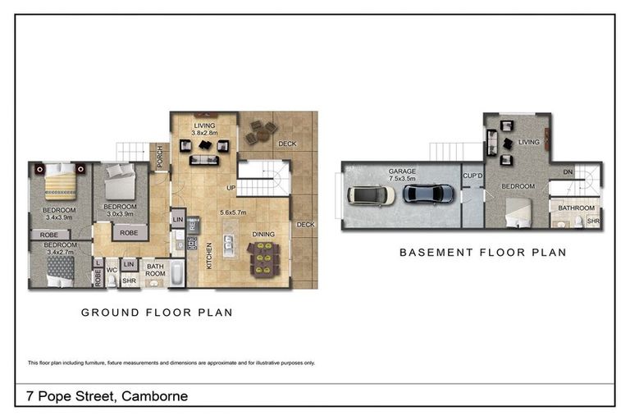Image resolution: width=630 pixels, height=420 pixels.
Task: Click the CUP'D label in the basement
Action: [472, 176]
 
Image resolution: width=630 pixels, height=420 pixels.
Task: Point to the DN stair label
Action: [568, 172]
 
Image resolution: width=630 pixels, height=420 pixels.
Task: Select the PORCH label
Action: [162, 154]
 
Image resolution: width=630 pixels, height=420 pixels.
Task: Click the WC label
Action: [112, 268]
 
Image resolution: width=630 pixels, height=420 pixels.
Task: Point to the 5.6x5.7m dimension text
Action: [236, 212]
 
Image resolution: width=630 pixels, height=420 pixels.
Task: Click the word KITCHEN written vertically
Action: [210, 256]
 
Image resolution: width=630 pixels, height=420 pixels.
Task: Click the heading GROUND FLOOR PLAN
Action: [156, 313]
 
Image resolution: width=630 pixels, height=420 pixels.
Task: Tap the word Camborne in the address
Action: [154, 396]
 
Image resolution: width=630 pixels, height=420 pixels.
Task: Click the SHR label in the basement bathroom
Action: [593, 221]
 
